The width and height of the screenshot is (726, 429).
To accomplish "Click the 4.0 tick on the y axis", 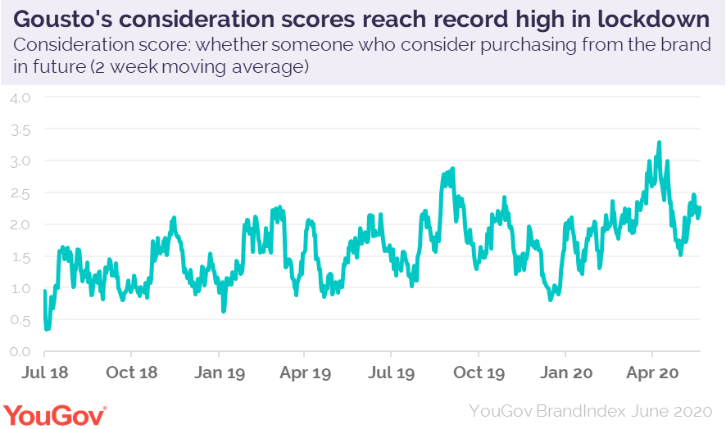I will pyautogui.click(x=20, y=97).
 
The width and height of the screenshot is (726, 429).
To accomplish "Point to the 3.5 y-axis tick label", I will pyautogui.click(x=20, y=129).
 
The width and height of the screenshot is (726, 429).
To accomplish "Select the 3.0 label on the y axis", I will pyautogui.click(x=20, y=161).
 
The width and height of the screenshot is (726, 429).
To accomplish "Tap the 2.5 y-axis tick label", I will pyautogui.click(x=20, y=193).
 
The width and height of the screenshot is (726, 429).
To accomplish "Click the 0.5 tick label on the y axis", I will pyautogui.click(x=20, y=320).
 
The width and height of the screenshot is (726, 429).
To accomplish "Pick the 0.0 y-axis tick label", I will pyautogui.click(x=20, y=352).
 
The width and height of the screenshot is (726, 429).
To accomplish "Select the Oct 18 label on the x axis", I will pyautogui.click(x=132, y=373).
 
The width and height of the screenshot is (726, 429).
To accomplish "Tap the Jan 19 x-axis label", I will pyautogui.click(x=218, y=373).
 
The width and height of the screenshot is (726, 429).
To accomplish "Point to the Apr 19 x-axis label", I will pyautogui.click(x=305, y=373).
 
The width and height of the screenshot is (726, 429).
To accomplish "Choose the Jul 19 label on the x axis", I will pyautogui.click(x=391, y=373).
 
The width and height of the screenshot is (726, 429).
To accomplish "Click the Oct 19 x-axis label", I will pyautogui.click(x=479, y=373).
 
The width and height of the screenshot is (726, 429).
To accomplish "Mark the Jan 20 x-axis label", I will pyautogui.click(x=565, y=373).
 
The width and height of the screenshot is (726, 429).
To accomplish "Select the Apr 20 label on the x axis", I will pyautogui.click(x=651, y=373).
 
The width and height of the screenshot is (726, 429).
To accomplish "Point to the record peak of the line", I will pyautogui.click(x=659, y=143).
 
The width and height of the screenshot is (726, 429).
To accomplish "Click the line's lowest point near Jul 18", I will pyautogui.click(x=47, y=328).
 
